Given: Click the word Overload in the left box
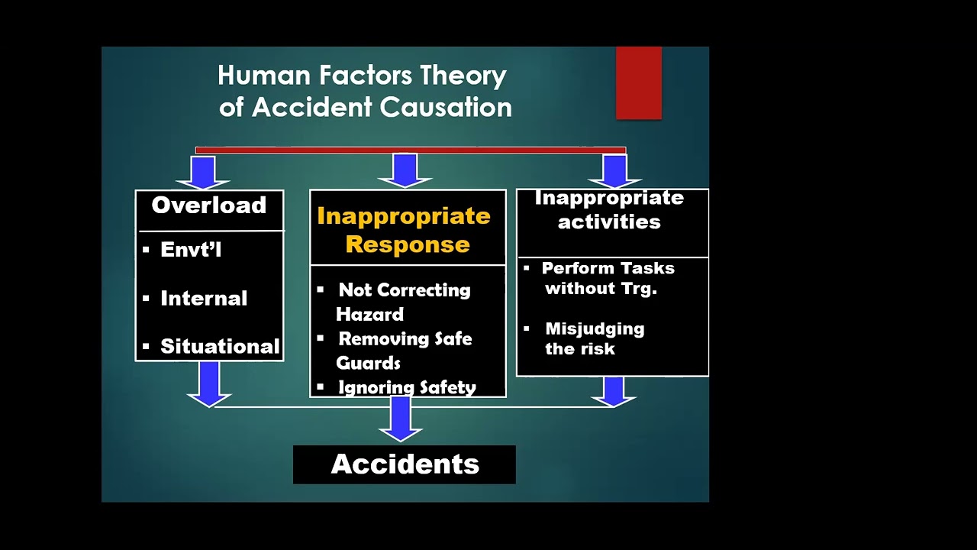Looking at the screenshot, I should (208, 205).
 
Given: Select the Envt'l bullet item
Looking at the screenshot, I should (191, 250).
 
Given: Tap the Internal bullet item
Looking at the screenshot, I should (204, 298).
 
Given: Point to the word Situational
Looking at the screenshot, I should (220, 346).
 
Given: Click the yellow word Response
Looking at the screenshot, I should (408, 244).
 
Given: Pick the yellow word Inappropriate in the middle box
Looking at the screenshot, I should (404, 215).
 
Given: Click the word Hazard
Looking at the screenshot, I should (370, 314).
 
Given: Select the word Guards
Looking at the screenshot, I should (369, 362).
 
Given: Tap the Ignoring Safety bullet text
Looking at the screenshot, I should (407, 387).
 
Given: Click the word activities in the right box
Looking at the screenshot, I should (609, 222).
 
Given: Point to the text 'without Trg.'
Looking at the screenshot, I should (601, 288).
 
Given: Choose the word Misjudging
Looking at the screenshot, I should (595, 328).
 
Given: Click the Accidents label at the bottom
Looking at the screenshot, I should (405, 464).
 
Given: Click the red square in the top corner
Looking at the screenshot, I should (639, 82).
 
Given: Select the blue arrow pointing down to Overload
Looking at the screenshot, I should (203, 173).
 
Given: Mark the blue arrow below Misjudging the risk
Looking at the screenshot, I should (613, 390).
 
